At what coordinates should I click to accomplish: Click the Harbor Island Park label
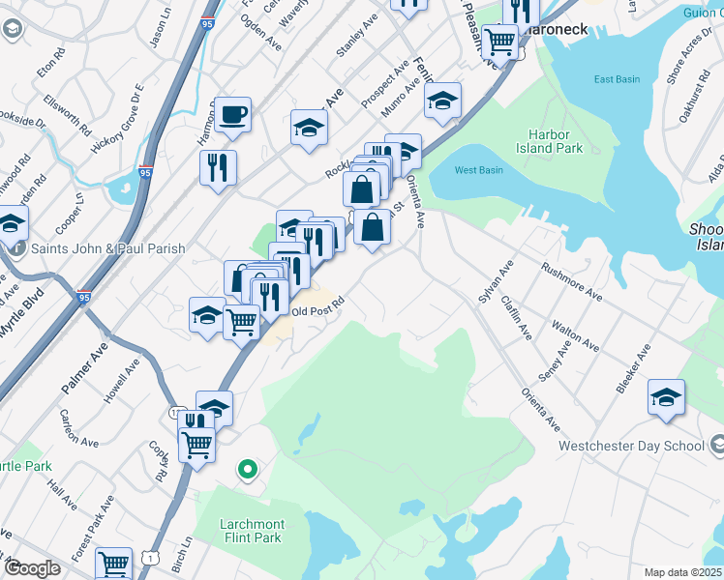tap(556, 141)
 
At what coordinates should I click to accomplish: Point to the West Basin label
tap(478, 170)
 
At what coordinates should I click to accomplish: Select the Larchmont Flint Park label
tap(251, 531)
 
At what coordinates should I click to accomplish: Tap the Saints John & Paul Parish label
tap(107, 248)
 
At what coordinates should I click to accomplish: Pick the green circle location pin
tap(248, 470)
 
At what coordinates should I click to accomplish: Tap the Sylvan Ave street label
tap(495, 282)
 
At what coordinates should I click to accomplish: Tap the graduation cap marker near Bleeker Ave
tap(666, 397)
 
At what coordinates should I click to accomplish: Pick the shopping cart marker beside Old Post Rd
tap(241, 322)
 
